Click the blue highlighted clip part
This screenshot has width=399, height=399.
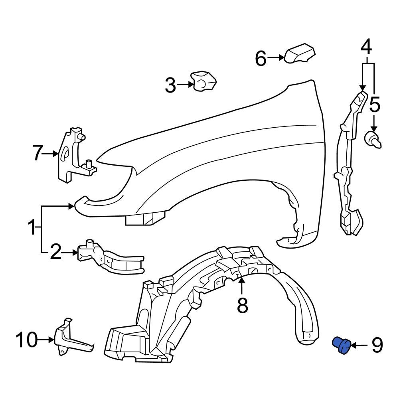pos(342,345)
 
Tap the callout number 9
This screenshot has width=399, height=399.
pos(377,346)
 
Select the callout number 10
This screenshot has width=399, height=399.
pos(27,340)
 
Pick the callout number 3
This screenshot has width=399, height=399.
pos(170,85)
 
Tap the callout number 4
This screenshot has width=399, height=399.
pos(366,47)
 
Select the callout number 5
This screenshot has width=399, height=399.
pos(375,105)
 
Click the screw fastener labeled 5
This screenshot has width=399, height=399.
pos(373,140)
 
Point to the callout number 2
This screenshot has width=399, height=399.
pos(56,252)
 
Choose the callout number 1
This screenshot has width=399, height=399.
pos(32,228)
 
